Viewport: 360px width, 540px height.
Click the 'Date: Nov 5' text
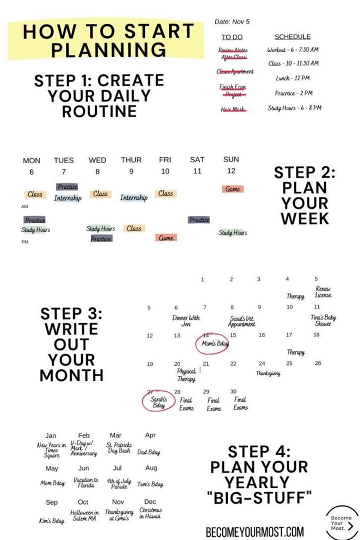(232, 21)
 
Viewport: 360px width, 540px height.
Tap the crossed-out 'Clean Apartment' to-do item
(235, 71)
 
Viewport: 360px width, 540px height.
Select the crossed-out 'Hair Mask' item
(233, 109)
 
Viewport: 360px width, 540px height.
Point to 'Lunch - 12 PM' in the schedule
(292, 78)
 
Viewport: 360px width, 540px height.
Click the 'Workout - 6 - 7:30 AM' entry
(292, 50)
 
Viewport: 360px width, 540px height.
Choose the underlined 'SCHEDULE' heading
(292, 36)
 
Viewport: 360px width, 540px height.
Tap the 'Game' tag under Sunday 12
(232, 189)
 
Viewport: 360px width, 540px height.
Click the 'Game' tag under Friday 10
(166, 238)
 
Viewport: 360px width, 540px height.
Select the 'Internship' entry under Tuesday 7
(67, 198)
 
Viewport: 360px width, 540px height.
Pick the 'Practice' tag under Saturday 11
(199, 219)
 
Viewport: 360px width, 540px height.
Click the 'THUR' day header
(131, 160)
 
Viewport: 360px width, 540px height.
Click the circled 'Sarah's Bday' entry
(159, 402)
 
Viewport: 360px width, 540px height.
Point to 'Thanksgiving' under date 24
(268, 373)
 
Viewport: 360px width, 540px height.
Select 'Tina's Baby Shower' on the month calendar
(323, 320)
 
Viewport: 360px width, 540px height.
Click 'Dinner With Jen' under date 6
(185, 321)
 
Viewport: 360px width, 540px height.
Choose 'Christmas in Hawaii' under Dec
(150, 513)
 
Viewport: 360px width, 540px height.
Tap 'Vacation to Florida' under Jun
(85, 482)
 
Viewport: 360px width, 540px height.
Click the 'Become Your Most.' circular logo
(342, 522)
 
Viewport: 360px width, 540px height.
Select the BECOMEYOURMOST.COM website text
(254, 531)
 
